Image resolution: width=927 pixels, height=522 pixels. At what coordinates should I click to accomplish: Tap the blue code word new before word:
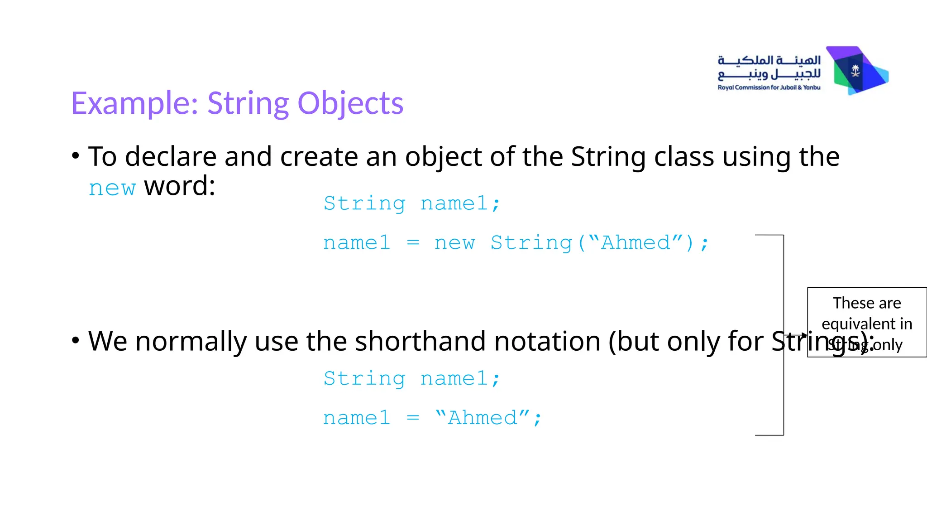pyautogui.click(x=112, y=188)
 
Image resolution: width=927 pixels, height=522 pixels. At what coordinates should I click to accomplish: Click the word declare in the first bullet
pyautogui.click(x=171, y=157)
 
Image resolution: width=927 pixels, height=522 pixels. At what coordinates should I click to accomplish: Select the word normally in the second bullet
pyautogui.click(x=191, y=341)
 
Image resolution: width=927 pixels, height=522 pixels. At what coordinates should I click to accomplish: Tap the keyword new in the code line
pyautogui.click(x=454, y=243)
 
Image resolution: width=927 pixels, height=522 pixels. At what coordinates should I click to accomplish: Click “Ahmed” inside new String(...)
pyautogui.click(x=636, y=243)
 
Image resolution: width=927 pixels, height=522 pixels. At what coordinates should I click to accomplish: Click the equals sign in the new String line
pyautogui.click(x=413, y=243)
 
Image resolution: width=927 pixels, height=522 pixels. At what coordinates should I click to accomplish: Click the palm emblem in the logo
pyautogui.click(x=855, y=70)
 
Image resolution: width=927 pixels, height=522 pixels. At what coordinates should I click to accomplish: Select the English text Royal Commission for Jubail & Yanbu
pyautogui.click(x=769, y=87)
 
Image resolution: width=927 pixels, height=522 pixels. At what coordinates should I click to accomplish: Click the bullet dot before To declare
pyautogui.click(x=76, y=156)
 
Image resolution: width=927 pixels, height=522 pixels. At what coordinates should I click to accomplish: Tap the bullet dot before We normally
pyautogui.click(x=76, y=340)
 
